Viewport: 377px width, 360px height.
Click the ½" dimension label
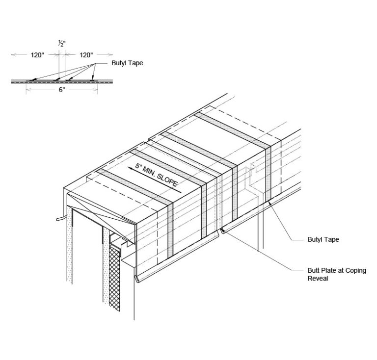(62, 44)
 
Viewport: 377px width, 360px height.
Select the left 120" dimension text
(37, 55)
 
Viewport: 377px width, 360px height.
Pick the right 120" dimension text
(86, 55)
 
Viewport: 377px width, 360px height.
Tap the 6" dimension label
(62, 90)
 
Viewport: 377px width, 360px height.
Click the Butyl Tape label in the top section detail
(127, 63)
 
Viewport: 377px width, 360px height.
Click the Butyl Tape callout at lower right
(323, 239)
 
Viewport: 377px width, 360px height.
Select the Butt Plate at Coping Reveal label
(337, 274)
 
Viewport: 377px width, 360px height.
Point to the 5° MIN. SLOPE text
(156, 175)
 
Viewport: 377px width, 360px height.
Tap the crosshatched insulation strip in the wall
(114, 279)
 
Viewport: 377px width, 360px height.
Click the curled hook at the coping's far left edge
(59, 219)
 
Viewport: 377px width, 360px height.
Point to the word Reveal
(318, 279)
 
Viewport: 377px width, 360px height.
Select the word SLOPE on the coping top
(167, 180)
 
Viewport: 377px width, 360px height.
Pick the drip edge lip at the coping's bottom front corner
(137, 279)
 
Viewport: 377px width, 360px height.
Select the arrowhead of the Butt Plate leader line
(223, 231)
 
